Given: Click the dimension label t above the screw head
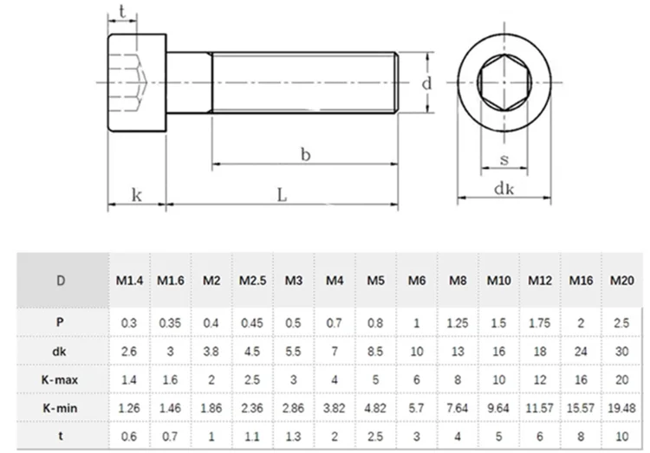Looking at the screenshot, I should point(122,11).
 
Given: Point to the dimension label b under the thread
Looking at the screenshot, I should point(305,153).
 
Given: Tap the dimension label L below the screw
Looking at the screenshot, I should point(282,196).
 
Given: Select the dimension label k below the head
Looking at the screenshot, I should point(136,196).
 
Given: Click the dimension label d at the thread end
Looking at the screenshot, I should point(426,83).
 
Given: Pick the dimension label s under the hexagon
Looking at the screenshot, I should point(504,159).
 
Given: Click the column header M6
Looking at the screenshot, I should point(416,281).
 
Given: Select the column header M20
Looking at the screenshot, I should point(621,281).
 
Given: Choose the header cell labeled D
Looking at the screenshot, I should point(60,281).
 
